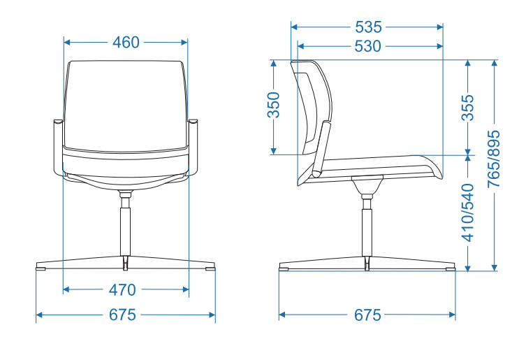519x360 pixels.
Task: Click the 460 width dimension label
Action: (126, 43)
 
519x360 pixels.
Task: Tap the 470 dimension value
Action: (122, 290)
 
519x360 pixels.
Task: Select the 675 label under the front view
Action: (122, 315)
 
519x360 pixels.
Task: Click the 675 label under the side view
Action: (367, 315)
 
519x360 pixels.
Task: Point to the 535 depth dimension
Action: (368, 27)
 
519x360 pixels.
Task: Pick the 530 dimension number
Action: (367, 46)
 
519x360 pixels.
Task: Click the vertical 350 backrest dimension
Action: (274, 105)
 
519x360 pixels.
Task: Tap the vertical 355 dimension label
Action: (468, 108)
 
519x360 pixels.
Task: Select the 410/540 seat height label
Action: (468, 213)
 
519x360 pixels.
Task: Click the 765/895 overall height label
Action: (494, 159)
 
